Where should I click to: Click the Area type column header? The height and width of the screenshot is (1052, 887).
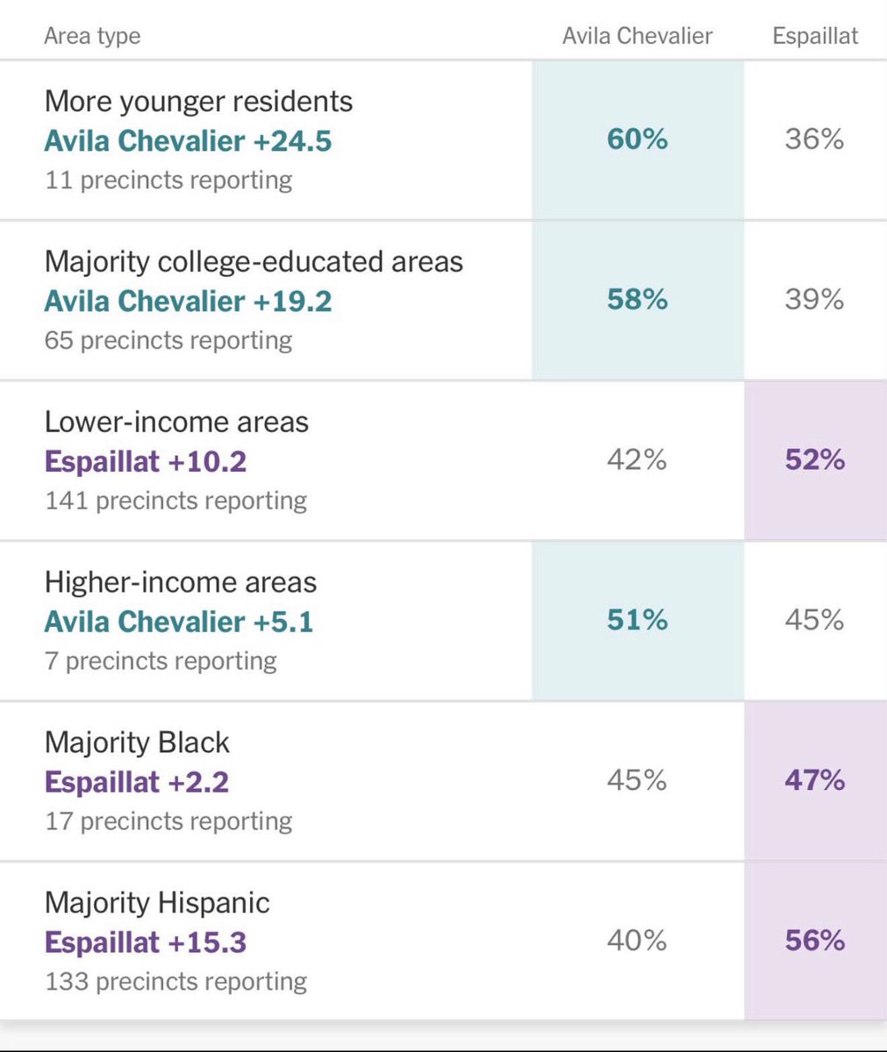tap(92, 36)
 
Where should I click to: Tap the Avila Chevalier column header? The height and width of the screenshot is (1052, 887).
tap(637, 36)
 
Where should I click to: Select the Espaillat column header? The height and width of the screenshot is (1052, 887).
tap(815, 36)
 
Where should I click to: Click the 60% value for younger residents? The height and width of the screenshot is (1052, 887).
tap(637, 139)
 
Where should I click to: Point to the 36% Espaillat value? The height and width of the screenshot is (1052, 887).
tap(814, 139)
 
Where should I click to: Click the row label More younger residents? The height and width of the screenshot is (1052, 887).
tap(198, 102)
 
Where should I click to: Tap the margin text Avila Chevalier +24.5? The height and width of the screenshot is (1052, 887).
tap(188, 140)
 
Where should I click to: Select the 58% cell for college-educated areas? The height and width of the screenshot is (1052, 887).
tap(637, 299)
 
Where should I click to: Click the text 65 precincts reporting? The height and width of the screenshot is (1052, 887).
tap(168, 341)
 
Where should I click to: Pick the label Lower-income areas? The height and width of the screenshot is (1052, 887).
tap(176, 422)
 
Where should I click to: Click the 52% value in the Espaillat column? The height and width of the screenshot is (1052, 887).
tap(815, 459)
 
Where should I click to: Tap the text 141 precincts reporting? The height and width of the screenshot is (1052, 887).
tap(176, 501)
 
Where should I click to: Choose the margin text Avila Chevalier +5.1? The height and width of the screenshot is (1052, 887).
tap(179, 622)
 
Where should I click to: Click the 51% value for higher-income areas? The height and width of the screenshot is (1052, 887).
tap(637, 620)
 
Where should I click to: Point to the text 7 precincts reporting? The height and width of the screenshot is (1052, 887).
tap(161, 661)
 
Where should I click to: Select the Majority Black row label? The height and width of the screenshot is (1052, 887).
tap(137, 743)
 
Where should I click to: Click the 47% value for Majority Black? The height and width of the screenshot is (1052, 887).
tap(815, 780)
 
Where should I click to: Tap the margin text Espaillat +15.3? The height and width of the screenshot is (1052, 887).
tap(146, 942)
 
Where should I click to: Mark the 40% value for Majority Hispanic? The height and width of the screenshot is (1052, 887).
tap(637, 940)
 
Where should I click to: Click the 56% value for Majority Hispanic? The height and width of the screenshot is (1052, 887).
tap(815, 940)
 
